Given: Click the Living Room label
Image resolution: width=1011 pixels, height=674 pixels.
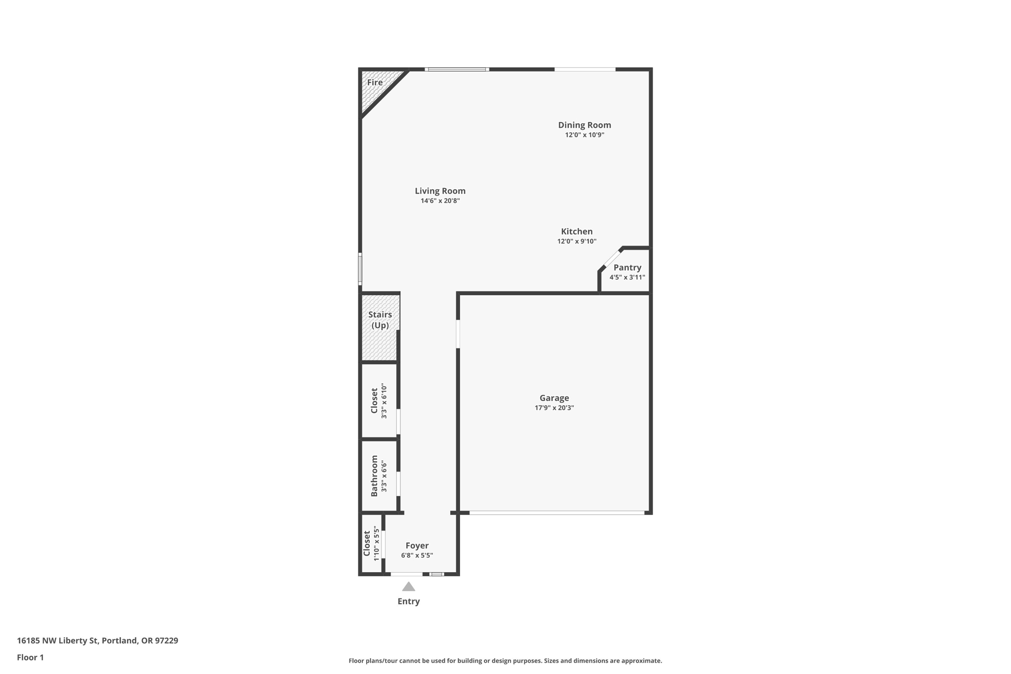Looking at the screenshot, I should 440,191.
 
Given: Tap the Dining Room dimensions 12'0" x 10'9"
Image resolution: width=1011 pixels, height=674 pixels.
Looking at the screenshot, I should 584,135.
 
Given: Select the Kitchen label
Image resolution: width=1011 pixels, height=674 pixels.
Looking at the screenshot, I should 577,232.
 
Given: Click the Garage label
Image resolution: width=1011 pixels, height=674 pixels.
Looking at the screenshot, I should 554,398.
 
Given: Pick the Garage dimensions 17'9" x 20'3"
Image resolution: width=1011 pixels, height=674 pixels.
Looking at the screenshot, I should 554,408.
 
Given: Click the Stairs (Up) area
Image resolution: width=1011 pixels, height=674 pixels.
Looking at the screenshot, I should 380,326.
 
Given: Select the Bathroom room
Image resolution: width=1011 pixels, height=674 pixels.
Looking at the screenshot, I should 379,476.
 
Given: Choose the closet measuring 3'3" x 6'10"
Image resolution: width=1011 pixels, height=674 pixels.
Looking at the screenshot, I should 379,400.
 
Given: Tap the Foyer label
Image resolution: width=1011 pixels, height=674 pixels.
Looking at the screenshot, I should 417,546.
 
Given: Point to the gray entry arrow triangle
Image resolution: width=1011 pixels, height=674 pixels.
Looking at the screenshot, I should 408,587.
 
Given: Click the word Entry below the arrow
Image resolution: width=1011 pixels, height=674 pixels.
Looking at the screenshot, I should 408,601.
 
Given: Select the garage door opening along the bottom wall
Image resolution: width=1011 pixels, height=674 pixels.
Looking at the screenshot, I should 556,513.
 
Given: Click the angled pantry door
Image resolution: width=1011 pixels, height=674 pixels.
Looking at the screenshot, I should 613,258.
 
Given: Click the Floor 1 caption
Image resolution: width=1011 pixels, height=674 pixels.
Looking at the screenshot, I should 30,657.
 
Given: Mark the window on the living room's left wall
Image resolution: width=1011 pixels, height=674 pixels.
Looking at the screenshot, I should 360,269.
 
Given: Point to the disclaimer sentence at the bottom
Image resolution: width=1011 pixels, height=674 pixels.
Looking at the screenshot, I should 505,661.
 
